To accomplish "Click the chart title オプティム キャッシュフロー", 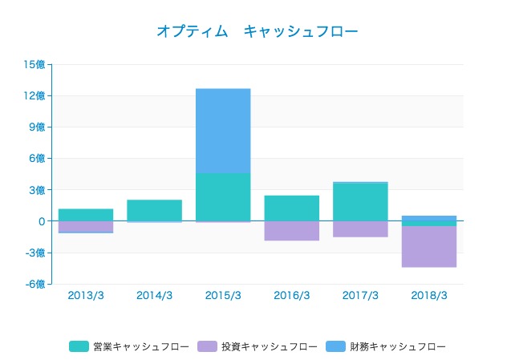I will coord(257,31).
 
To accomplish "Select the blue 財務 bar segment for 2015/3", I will coord(223,131).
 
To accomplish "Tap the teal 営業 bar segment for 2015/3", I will coord(223,196).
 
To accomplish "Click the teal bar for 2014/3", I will coord(154,210).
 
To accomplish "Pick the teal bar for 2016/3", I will coord(292,208).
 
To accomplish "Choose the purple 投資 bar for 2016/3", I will coord(292,231).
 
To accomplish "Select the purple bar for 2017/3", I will coord(360,229).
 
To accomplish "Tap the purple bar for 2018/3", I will coord(429,247).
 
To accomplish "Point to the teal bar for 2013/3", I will coord(86,215).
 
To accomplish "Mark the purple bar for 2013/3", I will coord(86,226).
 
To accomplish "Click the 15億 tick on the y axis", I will coord(34,65).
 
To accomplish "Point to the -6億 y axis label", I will coord(34,284).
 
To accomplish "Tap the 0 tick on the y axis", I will coord(41,221).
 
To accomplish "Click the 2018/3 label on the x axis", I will coord(429,296).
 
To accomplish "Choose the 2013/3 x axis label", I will coord(86,296).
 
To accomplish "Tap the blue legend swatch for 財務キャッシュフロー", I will coord(335,346).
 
